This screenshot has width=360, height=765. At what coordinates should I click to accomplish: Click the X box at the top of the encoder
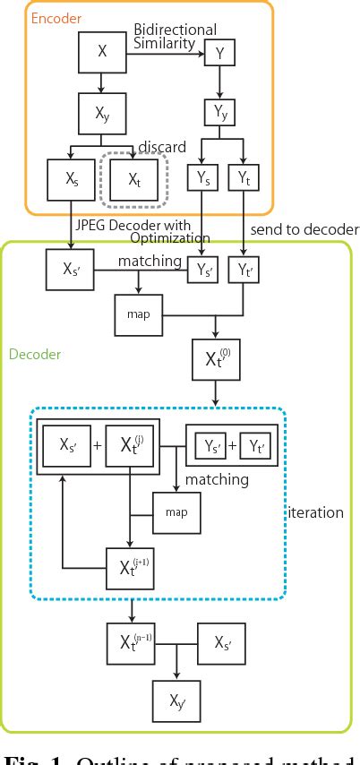102,53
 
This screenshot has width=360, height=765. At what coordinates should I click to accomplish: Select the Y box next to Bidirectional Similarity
219,54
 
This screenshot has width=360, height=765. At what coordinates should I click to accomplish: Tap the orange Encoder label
56,18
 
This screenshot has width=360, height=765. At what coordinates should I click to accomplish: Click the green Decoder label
35,354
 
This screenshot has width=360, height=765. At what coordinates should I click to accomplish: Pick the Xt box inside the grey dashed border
133,179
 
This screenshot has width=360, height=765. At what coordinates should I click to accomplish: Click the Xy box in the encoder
102,113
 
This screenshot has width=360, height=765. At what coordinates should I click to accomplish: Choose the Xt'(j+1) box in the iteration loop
132,567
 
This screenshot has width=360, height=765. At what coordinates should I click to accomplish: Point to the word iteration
315,512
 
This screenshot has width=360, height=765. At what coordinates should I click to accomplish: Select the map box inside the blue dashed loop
176,511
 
